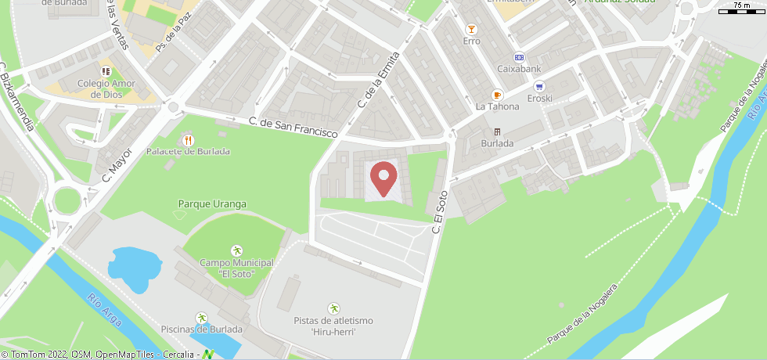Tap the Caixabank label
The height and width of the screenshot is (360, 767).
coord(519,69)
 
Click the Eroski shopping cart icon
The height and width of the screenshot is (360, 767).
coord(539,86)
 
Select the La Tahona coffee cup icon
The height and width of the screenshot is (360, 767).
coord(497,95)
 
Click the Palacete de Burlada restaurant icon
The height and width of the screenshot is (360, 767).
coord(187,140)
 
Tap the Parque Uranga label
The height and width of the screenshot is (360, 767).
coord(212,204)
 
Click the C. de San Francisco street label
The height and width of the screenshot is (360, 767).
coord(293,128)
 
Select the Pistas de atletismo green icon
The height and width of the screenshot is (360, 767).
coord(333,308)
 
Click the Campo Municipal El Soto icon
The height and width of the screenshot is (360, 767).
coord(236,250)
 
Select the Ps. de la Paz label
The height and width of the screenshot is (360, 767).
coord(173,36)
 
